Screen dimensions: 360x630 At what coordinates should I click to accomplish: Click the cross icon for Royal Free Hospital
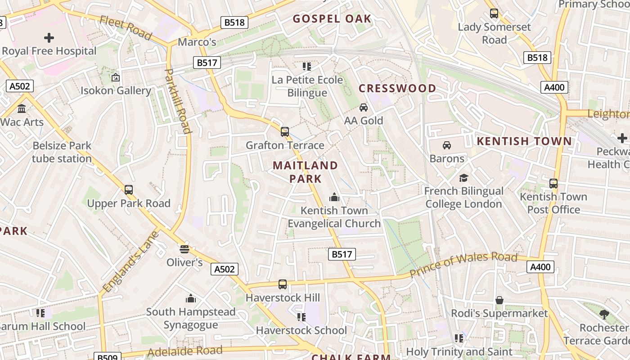pos(49,38)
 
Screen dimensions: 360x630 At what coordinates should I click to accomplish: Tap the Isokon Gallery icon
pos(116,77)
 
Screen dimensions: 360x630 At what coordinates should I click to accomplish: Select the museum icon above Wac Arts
pos(22,108)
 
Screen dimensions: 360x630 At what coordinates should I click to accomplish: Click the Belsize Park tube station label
pos(62,152)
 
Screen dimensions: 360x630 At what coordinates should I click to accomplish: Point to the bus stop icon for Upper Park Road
pos(129,190)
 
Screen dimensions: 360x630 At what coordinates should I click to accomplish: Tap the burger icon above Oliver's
pos(184,248)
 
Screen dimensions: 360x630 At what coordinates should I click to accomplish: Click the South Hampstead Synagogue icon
pos(191,298)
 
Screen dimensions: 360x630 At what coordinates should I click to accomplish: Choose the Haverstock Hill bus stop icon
pos(283,284)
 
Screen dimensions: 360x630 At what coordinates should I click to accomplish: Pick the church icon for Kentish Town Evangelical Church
pos(334,197)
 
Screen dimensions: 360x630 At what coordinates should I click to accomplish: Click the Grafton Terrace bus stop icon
pos(285,132)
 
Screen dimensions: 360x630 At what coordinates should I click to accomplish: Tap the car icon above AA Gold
pos(364,107)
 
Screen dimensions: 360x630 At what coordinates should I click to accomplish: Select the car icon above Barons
pos(447,145)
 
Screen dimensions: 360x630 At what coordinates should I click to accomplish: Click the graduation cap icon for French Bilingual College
pos(464,178)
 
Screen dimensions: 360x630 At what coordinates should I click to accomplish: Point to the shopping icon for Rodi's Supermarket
pos(499,300)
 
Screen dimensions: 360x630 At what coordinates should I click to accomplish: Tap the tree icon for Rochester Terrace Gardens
pos(604,315)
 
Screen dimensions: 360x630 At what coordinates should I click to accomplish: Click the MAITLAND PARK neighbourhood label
pos(305,172)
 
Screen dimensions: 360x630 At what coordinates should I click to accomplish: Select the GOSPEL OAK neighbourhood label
pos(332,19)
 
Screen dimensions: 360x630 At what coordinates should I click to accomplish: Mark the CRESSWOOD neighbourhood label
pos(397,88)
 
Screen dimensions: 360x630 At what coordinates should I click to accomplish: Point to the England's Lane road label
pos(131,261)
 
